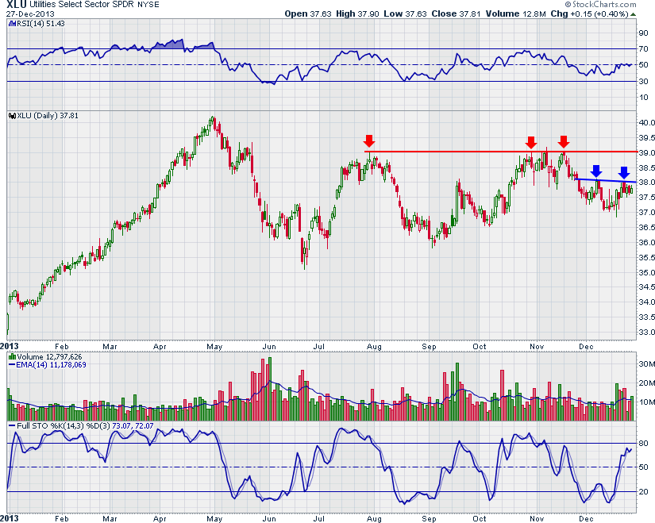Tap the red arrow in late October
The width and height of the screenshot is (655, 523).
pos(531,143)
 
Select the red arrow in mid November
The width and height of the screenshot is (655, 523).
pos(563,143)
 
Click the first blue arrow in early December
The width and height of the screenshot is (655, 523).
pos(596,171)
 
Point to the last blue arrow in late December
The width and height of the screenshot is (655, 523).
pos(624,171)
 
